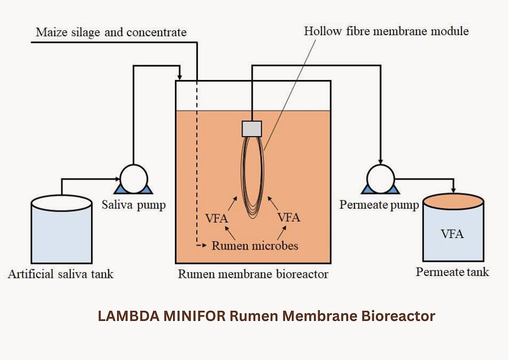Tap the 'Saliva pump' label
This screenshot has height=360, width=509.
click(134, 205)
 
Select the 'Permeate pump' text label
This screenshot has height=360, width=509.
click(379, 205)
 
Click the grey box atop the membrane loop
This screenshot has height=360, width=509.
click(252, 129)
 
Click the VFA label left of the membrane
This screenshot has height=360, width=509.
click(217, 219)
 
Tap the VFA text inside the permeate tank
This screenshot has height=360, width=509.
click(452, 233)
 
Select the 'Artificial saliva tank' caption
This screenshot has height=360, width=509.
click(61, 274)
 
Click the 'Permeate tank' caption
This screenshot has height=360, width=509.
click(452, 272)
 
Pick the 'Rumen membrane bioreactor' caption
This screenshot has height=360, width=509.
click(253, 274)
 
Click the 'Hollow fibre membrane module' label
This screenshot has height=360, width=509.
click(386, 31)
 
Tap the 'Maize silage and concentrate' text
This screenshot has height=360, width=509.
click(111, 32)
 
